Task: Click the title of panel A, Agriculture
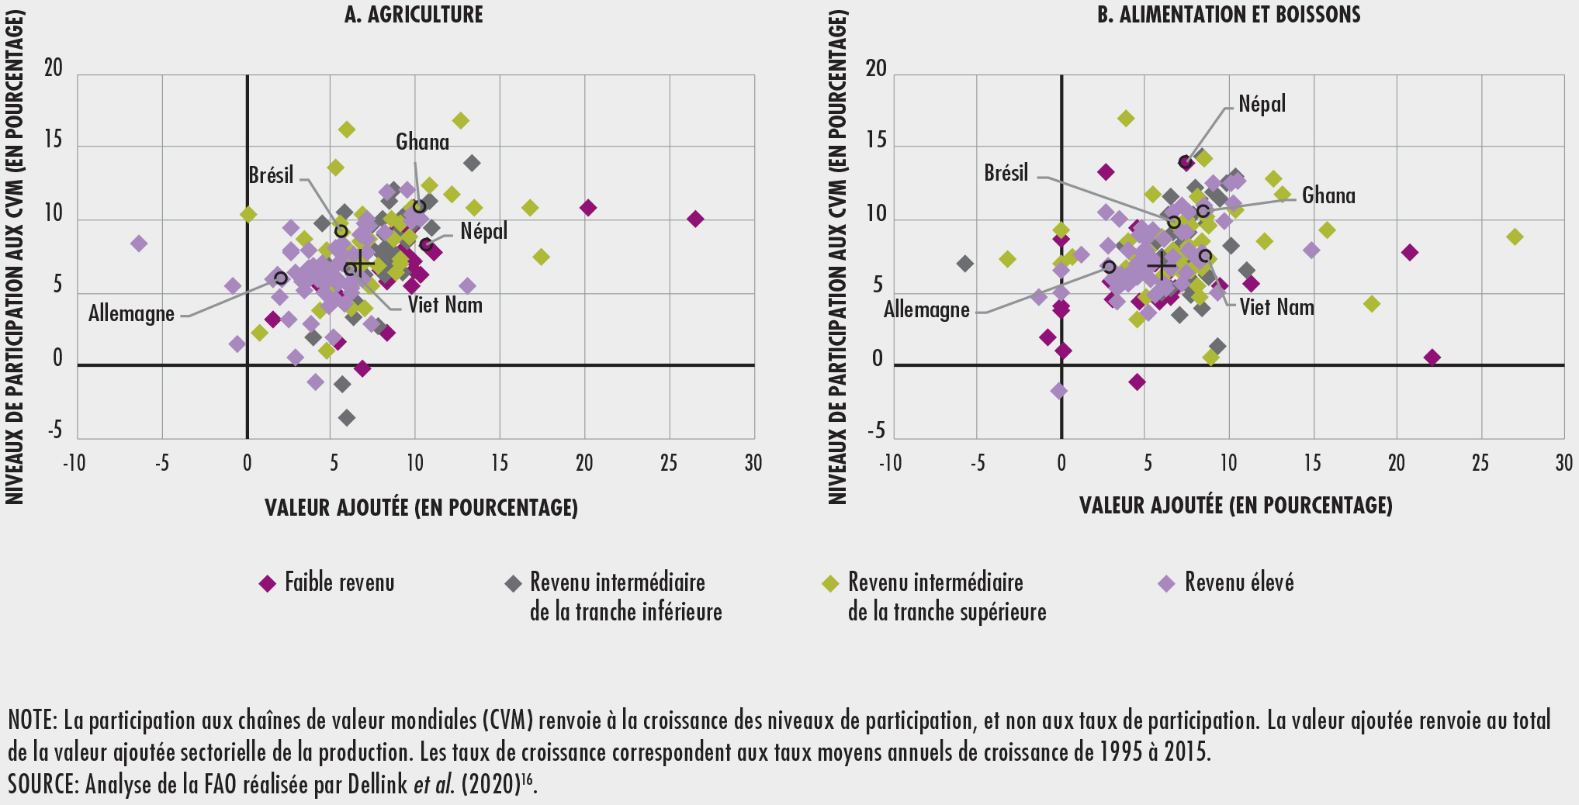point(414,15)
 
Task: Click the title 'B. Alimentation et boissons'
point(1228,15)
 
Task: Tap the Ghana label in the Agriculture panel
point(422,142)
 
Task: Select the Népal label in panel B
point(1262,104)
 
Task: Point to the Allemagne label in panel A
point(131,314)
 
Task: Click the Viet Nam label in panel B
point(1276,307)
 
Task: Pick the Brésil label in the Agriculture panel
point(271,175)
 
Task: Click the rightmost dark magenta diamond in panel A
point(695,219)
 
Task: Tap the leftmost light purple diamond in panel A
point(139,244)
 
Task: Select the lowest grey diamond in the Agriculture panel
point(347,418)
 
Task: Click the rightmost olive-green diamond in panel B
point(1515,237)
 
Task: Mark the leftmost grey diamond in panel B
point(964,264)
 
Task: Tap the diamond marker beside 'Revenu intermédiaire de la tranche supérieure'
point(830,584)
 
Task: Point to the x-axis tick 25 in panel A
point(669,464)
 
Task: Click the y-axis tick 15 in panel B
point(876,140)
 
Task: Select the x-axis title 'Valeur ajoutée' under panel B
point(1235,506)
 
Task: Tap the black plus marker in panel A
point(362,264)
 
